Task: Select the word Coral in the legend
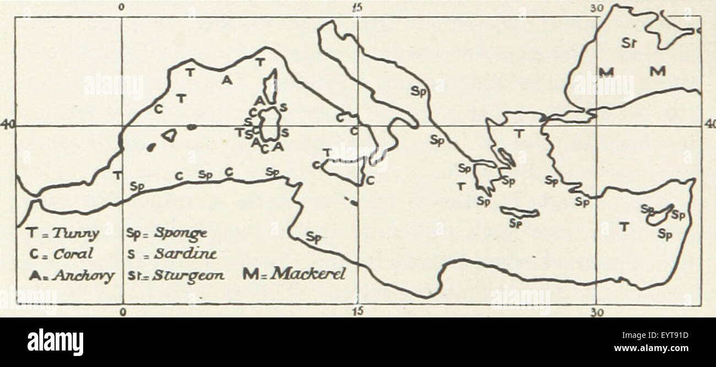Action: coord(73,254)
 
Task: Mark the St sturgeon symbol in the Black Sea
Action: coord(629,42)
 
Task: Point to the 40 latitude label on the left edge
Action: coord(7,125)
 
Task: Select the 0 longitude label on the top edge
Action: coord(122,8)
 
